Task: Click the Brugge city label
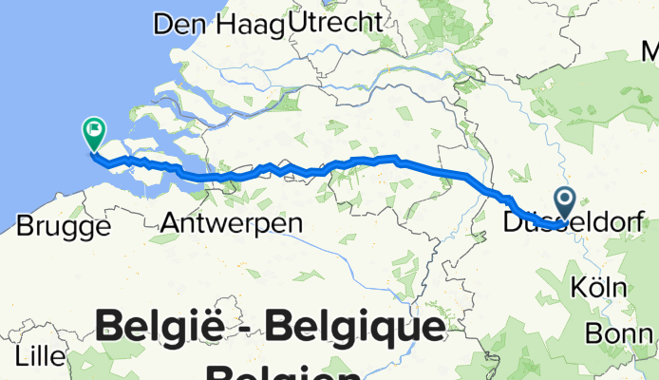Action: tap(63, 226)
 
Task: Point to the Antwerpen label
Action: tap(232, 224)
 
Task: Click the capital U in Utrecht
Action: tap(302, 20)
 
